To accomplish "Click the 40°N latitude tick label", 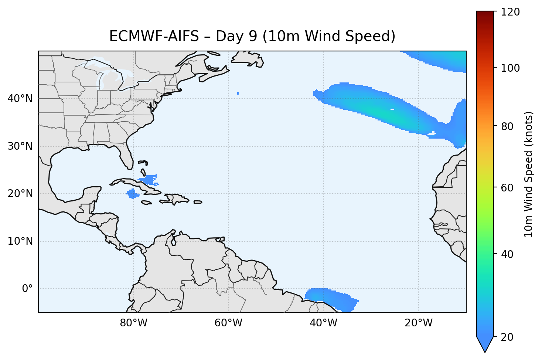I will click(x=20, y=99).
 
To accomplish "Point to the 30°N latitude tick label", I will click(x=20, y=146).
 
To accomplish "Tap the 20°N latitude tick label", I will click(x=20, y=194).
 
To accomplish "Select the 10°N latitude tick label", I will click(x=20, y=241).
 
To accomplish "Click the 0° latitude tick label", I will click(x=27, y=289).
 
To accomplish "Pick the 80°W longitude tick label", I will click(x=133, y=323).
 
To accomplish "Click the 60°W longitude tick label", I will click(x=228, y=323).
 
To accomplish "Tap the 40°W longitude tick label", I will click(x=323, y=323).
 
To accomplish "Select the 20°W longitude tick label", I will click(x=418, y=323).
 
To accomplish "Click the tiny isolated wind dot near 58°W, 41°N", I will click(x=238, y=93).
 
